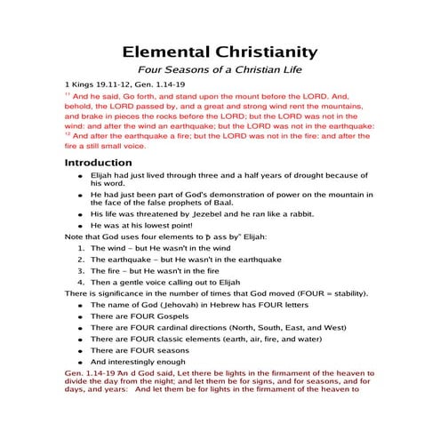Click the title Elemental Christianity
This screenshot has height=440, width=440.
[219, 52]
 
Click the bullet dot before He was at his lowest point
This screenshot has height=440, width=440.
[81, 227]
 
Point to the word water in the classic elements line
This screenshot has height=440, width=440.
[325, 351]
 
